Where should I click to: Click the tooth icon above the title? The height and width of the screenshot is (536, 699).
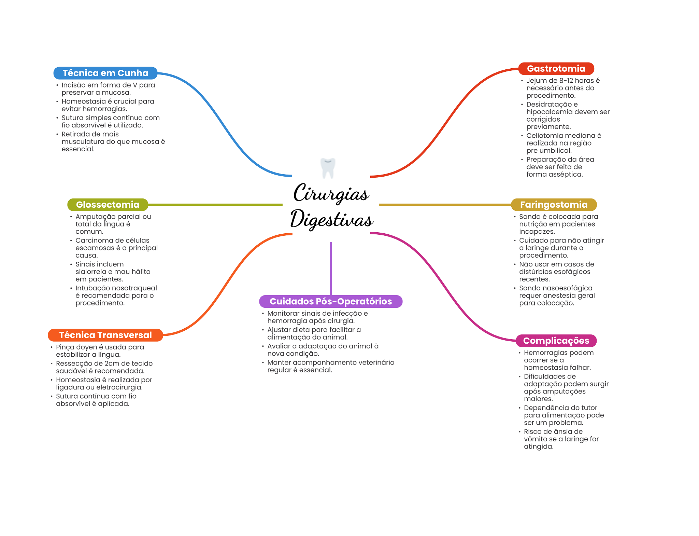(328, 168)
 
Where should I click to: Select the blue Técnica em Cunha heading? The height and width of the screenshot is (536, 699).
(105, 73)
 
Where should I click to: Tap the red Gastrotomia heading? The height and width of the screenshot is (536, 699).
(556, 69)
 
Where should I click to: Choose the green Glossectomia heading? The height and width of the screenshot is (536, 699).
(108, 205)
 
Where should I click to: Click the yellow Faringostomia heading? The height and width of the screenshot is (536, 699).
(554, 205)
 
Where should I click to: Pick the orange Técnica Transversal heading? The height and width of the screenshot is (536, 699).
(105, 335)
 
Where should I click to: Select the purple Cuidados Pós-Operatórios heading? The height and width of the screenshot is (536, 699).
(331, 301)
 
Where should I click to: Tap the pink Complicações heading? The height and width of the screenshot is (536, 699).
(556, 341)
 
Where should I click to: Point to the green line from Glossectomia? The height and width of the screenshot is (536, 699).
(215, 205)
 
